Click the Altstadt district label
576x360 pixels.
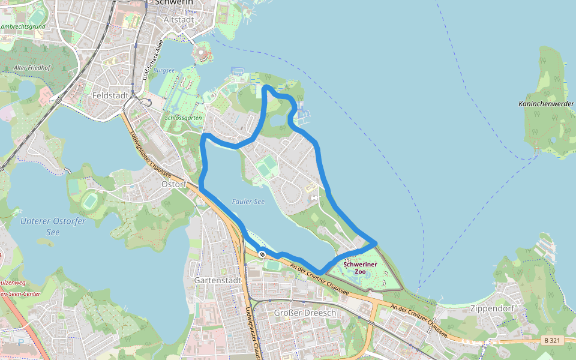(179, 20)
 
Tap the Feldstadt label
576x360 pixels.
(110, 95)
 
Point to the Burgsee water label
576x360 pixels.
(164, 70)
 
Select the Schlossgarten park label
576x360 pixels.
(183, 118)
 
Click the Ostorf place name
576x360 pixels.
(174, 184)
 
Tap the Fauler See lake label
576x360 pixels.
(248, 202)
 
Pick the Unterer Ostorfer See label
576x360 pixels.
(53, 226)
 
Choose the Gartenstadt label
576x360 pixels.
(218, 280)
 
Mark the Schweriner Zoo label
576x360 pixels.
(360, 268)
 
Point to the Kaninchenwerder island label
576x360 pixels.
(547, 104)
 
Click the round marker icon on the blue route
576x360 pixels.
(262, 254)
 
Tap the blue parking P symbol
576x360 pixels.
(22, 343)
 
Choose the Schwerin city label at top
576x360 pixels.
(174, 2)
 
